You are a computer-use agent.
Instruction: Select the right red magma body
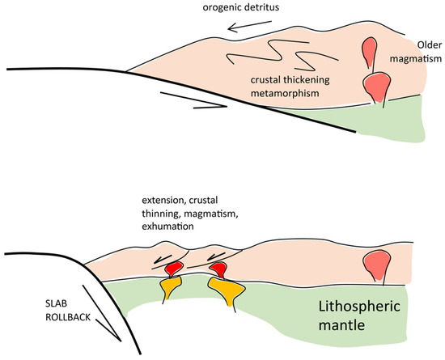[x=218, y=266]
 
